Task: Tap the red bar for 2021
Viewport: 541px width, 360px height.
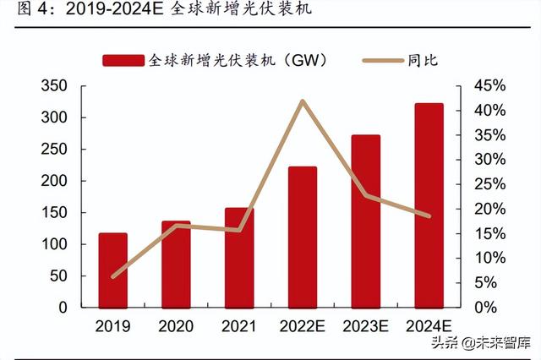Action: [x=239, y=258]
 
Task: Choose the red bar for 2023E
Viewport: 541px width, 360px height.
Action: [x=366, y=221]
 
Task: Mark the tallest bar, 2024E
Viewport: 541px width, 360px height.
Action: [x=429, y=205]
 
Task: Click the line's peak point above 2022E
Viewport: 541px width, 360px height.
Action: [x=303, y=101]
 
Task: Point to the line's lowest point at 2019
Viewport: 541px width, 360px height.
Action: [x=113, y=276]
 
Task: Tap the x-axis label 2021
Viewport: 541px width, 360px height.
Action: [x=239, y=326]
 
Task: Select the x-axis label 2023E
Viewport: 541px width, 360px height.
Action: [x=366, y=326]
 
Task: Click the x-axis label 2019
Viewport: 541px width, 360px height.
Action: [x=113, y=326]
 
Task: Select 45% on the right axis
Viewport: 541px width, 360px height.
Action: [x=489, y=86]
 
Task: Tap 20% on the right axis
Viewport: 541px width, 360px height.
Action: [x=489, y=209]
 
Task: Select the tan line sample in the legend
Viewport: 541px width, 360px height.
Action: [x=383, y=60]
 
